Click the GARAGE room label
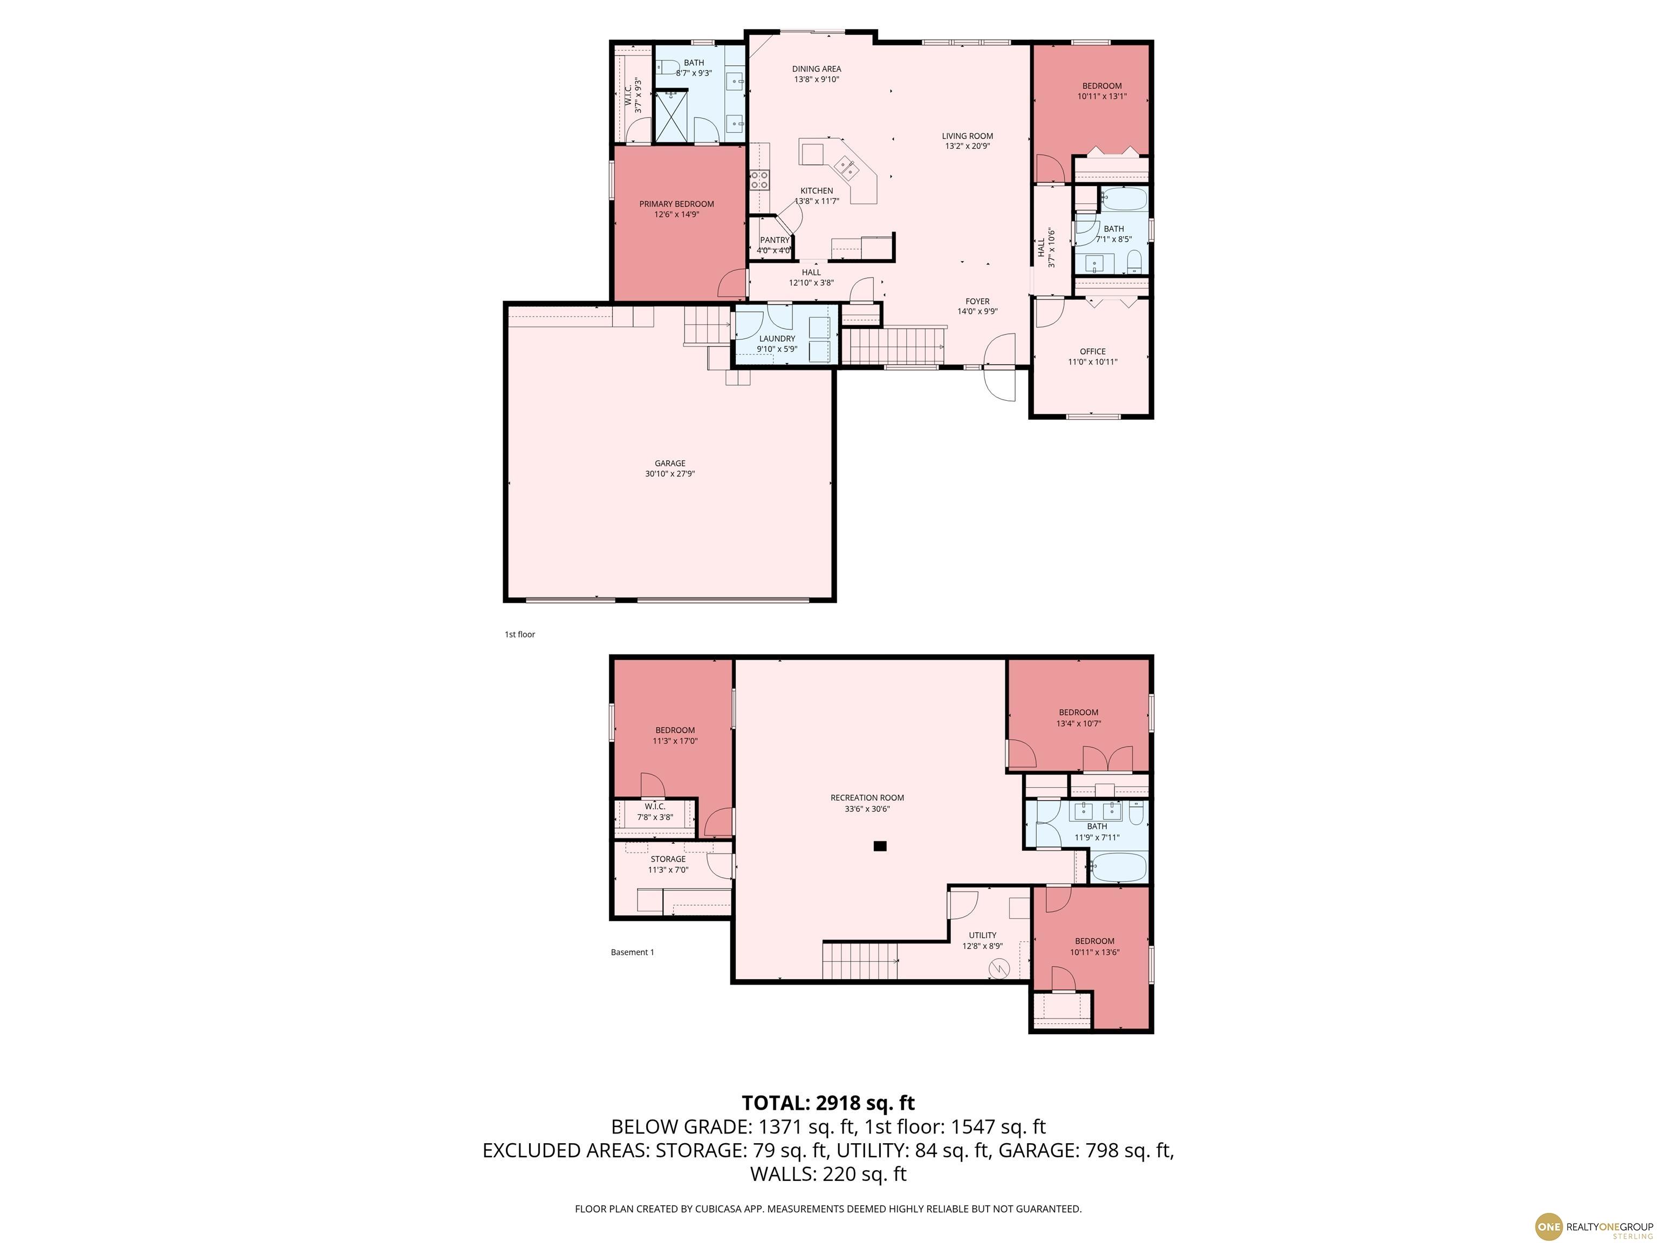click(x=670, y=463)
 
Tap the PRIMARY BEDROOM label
click(x=676, y=204)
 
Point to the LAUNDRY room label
click(x=777, y=339)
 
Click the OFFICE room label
click(x=1092, y=351)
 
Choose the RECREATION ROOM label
click(x=867, y=798)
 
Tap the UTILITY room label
click(x=982, y=935)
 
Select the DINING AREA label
click(x=817, y=69)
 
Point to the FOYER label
click(x=977, y=301)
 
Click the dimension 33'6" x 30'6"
click(x=867, y=809)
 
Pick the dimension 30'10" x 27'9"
click(x=670, y=474)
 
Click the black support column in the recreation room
click(x=880, y=846)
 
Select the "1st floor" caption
click(x=520, y=634)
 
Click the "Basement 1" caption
click(x=632, y=952)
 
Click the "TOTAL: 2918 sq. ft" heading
click(x=828, y=1103)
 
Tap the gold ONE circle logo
click(x=1549, y=1226)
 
